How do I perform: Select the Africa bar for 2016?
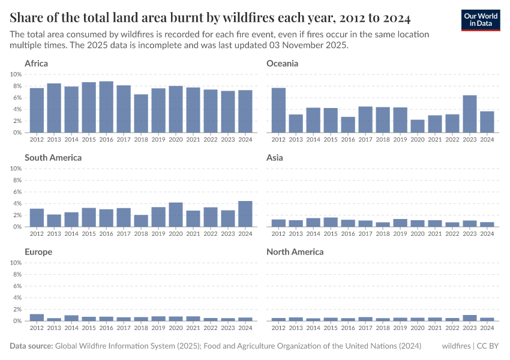(106, 107)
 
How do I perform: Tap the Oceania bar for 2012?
(278, 110)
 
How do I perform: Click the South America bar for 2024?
(245, 214)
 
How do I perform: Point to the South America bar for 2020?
(175, 215)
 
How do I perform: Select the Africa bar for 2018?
(141, 113)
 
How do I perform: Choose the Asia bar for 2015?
(331, 222)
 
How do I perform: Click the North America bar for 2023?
(470, 318)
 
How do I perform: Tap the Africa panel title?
(36, 64)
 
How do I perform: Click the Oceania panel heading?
(282, 64)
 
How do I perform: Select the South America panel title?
(53, 158)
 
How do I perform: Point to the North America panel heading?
(295, 252)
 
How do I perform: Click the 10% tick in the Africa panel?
(16, 74)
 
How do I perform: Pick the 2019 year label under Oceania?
(400, 139)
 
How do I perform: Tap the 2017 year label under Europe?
(124, 328)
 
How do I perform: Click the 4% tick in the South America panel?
(17, 203)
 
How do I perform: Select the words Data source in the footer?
(31, 346)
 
